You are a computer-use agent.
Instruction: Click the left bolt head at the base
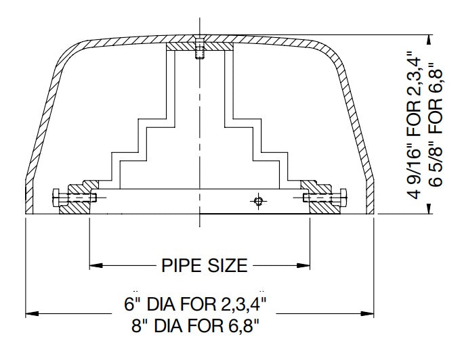tap(56, 198)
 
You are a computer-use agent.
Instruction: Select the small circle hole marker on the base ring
tap(257, 200)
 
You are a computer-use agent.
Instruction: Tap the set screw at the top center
tap(199, 51)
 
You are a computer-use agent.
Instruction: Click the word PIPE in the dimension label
tap(178, 265)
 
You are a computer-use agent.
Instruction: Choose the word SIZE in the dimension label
tap(226, 265)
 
